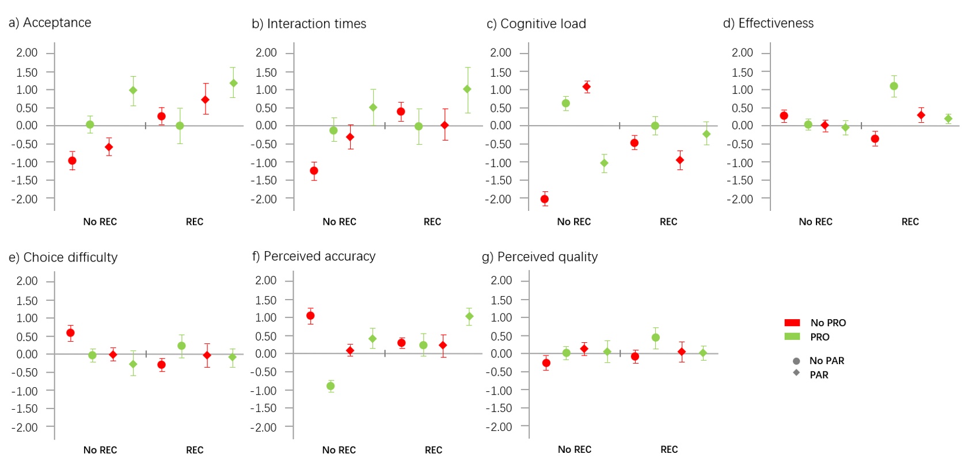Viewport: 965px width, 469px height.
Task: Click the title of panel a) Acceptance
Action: click(50, 23)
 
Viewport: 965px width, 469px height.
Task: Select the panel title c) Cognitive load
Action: click(536, 24)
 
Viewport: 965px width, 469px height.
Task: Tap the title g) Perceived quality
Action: click(540, 257)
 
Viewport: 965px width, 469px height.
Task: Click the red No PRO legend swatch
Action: click(792, 323)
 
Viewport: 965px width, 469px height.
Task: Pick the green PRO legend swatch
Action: click(792, 336)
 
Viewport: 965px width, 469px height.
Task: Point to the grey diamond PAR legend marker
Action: click(796, 373)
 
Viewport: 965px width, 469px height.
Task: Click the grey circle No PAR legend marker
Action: click(796, 361)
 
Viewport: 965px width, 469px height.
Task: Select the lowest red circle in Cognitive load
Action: click(545, 199)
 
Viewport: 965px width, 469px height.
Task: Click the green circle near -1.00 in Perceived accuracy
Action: click(330, 386)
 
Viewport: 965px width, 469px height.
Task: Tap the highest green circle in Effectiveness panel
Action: click(894, 86)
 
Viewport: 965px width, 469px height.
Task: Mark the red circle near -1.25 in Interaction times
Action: click(314, 171)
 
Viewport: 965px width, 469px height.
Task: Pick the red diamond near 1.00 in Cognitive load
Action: click(587, 87)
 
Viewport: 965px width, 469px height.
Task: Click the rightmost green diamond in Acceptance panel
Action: click(233, 83)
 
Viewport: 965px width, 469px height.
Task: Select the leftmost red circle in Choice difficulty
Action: click(70, 332)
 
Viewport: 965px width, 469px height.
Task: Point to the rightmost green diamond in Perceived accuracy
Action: click(469, 316)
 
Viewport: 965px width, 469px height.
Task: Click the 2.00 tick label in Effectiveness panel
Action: click(742, 53)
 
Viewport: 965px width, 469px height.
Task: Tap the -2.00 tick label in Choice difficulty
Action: click(24, 428)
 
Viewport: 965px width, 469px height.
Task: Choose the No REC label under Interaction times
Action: click(339, 222)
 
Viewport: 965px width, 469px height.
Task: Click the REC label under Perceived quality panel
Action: click(668, 449)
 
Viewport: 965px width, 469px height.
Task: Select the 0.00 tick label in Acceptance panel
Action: click(26, 126)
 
